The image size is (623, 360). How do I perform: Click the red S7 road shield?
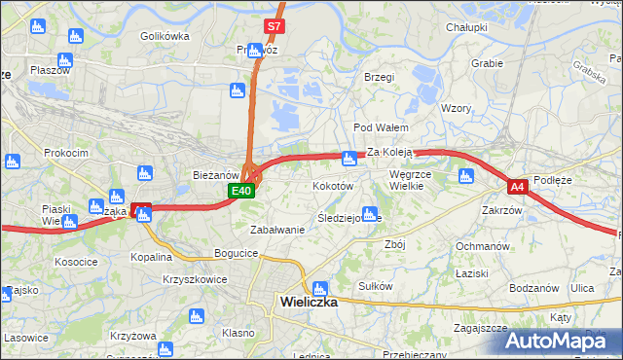[x=274, y=26]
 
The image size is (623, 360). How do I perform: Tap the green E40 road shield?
[x=243, y=192]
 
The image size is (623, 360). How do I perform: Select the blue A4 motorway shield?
[x=517, y=186]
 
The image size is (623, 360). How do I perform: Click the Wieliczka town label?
[x=308, y=302]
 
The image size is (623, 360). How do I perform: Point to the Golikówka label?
[x=164, y=36]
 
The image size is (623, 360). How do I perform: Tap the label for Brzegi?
[x=379, y=77]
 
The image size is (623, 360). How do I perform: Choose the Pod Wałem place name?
[x=380, y=127]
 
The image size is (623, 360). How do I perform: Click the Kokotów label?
[x=332, y=185]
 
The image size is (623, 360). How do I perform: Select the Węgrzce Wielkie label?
[x=417, y=181]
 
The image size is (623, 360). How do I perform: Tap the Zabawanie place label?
[x=277, y=231]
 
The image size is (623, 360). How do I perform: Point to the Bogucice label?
[x=238, y=253]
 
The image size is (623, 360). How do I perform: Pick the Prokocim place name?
[x=66, y=153]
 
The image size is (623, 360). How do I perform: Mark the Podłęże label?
[x=559, y=180]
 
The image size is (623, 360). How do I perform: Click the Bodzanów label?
[x=532, y=288]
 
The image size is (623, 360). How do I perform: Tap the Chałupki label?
[x=466, y=28]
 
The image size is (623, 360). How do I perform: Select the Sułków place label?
[x=375, y=286]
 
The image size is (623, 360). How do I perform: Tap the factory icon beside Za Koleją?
[x=348, y=159]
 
